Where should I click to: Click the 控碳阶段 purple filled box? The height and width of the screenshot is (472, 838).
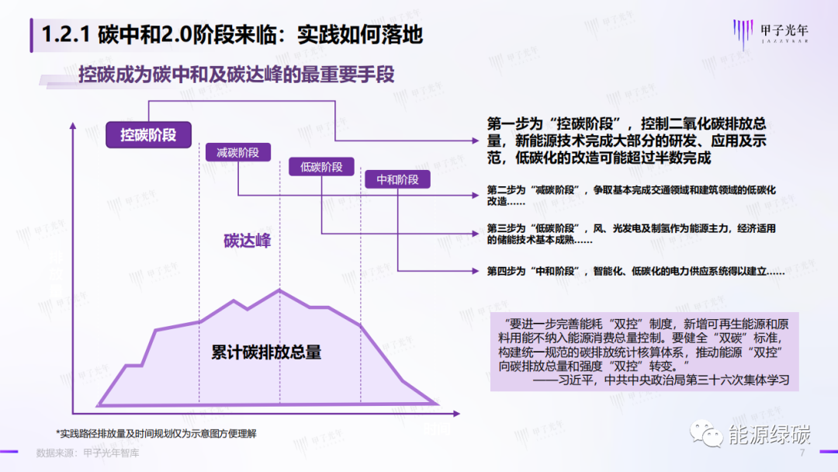tap(148, 135)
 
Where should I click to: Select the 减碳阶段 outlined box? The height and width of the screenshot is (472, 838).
tap(237, 152)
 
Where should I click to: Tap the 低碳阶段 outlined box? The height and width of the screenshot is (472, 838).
tap(321, 167)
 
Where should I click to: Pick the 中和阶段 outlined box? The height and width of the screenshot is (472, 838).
tap(397, 179)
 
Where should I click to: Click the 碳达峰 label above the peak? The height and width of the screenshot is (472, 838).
tap(248, 241)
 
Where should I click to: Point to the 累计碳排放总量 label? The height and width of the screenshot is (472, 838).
tap(266, 352)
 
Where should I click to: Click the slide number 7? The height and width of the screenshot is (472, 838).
tap(802, 453)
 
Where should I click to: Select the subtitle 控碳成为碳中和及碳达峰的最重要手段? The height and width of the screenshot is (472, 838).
tap(237, 75)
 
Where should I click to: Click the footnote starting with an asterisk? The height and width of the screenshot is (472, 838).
tap(156, 432)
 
